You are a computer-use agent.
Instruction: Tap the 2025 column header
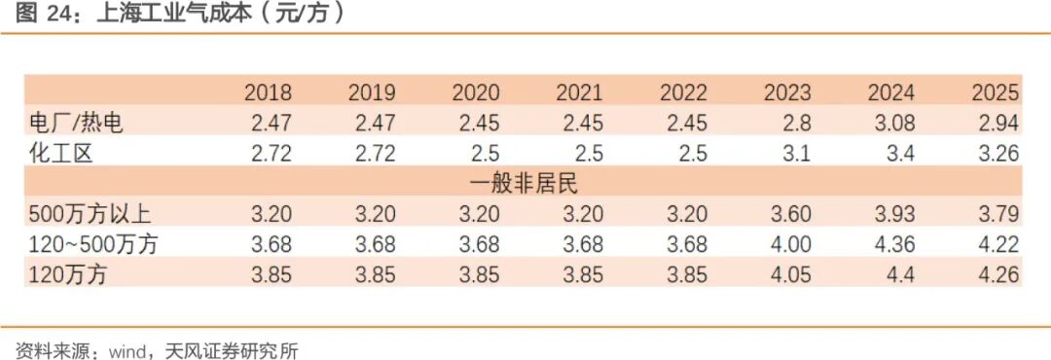pyautogui.click(x=996, y=92)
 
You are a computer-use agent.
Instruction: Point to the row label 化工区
pyautogui.click(x=60, y=154)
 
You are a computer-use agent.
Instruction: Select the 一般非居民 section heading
pyautogui.click(x=524, y=184)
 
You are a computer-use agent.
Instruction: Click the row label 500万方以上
pyautogui.click(x=91, y=214)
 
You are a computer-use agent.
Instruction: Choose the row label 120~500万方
pyautogui.click(x=93, y=244)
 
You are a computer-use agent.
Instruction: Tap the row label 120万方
pyautogui.click(x=68, y=274)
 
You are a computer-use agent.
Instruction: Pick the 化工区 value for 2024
pyautogui.click(x=899, y=154)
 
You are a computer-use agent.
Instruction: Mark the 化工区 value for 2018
pyautogui.click(x=272, y=154)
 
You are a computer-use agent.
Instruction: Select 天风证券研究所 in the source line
pyautogui.click(x=232, y=350)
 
